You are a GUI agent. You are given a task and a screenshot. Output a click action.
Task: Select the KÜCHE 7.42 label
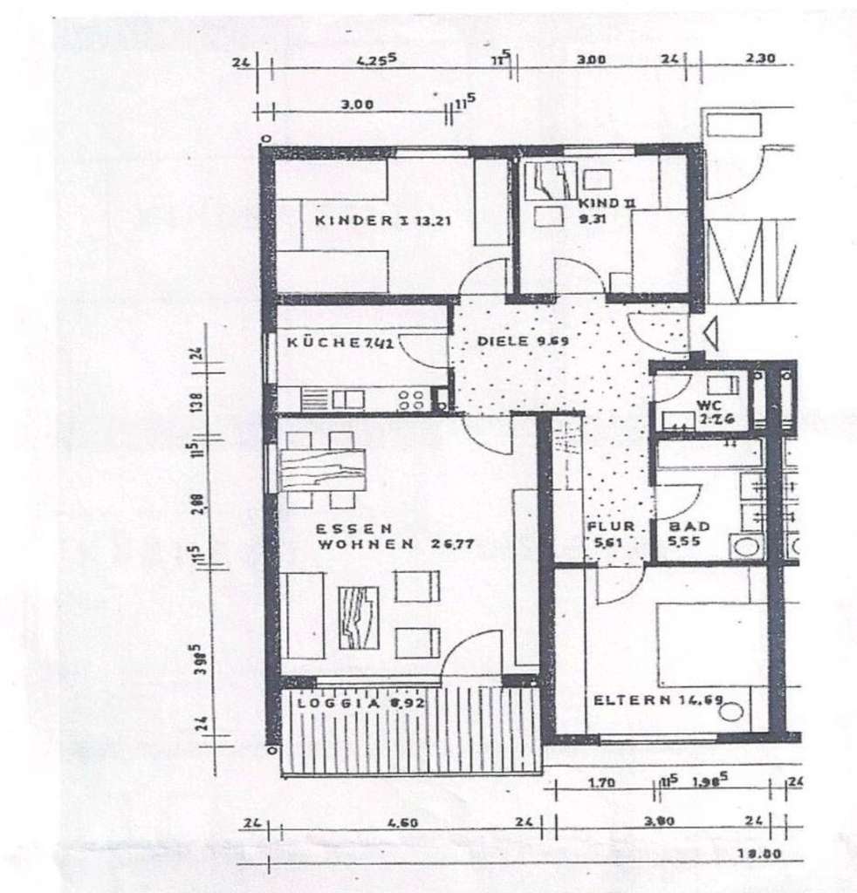click(340, 343)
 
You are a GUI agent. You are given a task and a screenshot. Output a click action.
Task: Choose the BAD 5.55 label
click(689, 534)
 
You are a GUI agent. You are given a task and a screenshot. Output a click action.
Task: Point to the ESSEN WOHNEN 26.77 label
click(376, 535)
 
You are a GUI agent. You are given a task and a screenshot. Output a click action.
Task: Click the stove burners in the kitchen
click(411, 400)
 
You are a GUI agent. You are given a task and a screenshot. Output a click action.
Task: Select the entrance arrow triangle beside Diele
click(704, 332)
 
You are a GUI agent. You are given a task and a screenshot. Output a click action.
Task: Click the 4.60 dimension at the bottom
click(397, 821)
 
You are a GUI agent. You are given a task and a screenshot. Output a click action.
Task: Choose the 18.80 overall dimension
click(758, 854)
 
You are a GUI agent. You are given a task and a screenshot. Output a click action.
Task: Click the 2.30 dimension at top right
click(761, 62)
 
